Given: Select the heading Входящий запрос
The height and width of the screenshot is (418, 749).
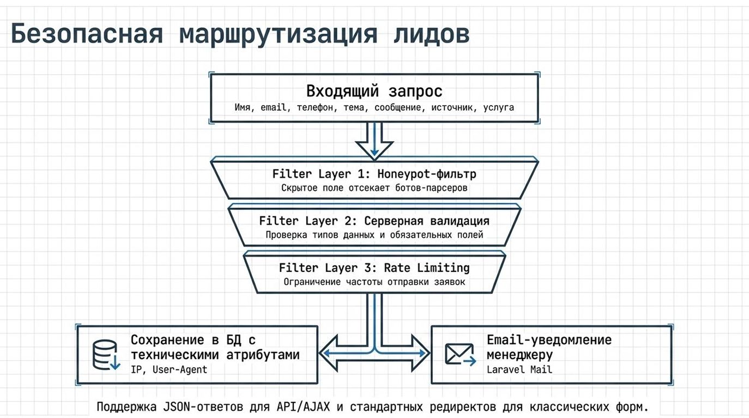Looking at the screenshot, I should coord(374,90).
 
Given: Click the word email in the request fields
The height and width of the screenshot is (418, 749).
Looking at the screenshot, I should coord(273,108).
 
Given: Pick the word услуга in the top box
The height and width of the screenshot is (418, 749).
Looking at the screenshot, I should coord(498,108).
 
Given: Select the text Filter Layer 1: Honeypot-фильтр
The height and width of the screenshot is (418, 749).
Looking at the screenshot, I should coord(374,174).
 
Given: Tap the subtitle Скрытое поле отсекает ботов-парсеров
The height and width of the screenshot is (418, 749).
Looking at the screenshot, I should coord(374,188).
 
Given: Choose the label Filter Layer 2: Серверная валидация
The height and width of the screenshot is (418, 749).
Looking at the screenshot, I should coord(374,221).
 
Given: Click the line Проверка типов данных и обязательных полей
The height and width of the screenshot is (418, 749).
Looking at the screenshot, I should coord(374,235).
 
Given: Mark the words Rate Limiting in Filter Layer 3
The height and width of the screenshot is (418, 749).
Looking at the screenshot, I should coord(426,268).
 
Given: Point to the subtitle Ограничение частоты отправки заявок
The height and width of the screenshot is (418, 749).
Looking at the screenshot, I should coord(374,282).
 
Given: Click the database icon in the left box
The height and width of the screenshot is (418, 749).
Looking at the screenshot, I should coord(106,355).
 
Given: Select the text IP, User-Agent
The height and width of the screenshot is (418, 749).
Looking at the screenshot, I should coord(169,369).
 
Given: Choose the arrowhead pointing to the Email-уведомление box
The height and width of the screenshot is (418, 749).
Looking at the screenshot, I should coord(420,354).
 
